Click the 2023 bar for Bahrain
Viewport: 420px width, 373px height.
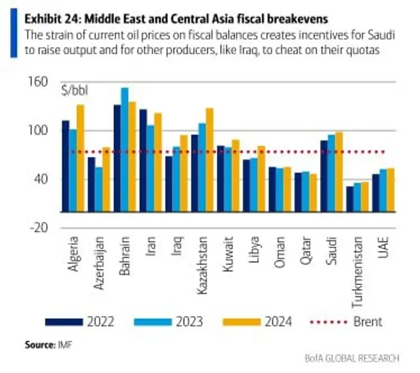pos(124,150)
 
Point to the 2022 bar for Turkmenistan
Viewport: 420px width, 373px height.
pos(350,199)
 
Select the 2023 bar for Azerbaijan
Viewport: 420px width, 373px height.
pos(99,189)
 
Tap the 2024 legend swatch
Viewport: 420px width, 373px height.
pos(242,321)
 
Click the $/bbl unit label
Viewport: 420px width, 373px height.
pos(75,92)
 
